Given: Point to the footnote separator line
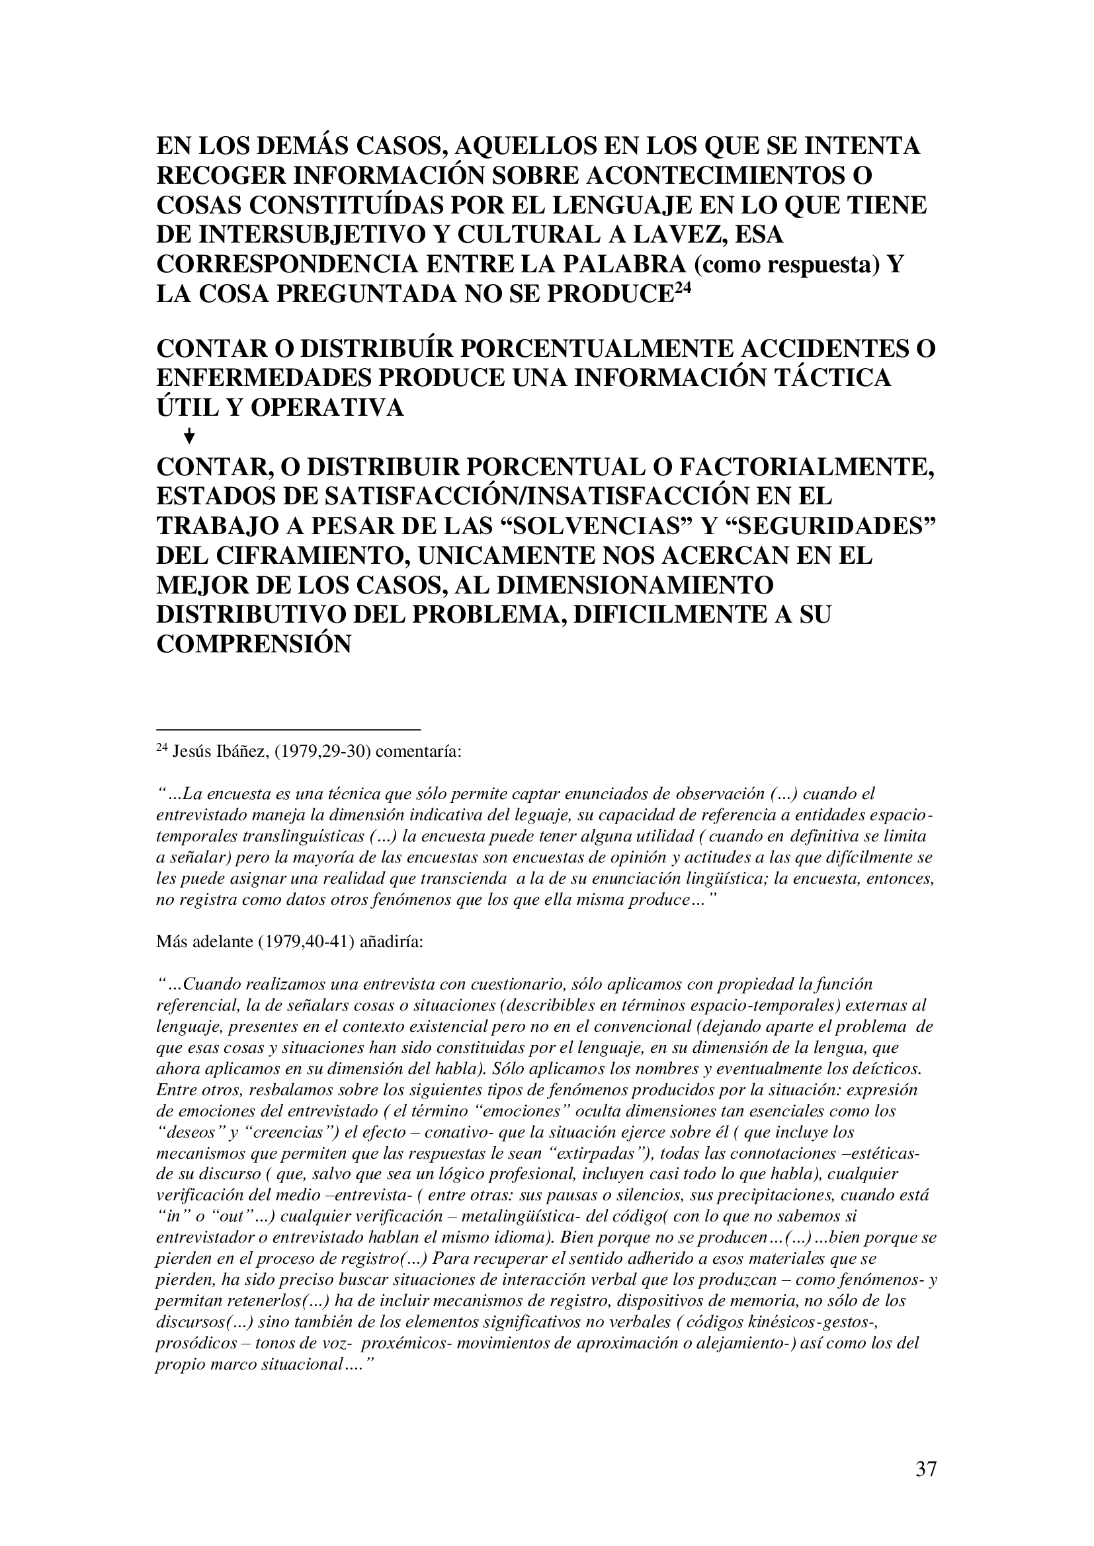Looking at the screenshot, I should tap(288, 728).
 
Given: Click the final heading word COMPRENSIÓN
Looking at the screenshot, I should tap(253, 645).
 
